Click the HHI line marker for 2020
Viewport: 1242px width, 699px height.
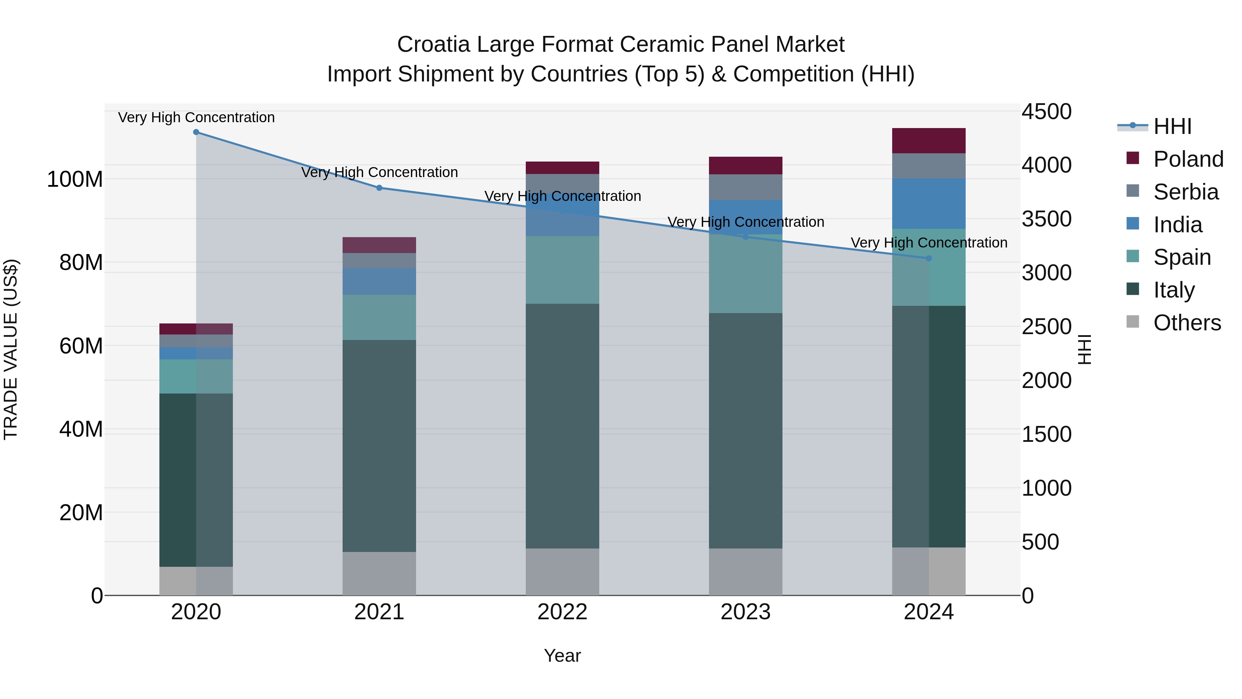pyautogui.click(x=196, y=132)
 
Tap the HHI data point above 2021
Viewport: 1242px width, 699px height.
pyautogui.click(x=379, y=188)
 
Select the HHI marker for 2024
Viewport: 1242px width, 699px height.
pyautogui.click(x=929, y=259)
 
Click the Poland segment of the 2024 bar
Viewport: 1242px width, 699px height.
pyautogui.click(x=929, y=141)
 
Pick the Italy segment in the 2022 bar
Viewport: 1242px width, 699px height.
pyautogui.click(x=562, y=426)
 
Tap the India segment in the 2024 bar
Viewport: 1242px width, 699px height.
pyautogui.click(x=929, y=204)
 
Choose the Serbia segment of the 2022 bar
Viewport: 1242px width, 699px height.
pyautogui.click(x=562, y=183)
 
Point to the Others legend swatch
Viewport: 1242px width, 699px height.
pyautogui.click(x=1133, y=322)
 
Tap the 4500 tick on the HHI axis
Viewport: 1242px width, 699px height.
pyautogui.click(x=1046, y=111)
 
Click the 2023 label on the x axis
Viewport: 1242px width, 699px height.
pyautogui.click(x=746, y=612)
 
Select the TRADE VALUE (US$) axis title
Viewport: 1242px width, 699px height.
pyautogui.click(x=11, y=349)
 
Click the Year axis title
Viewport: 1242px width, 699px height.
pyautogui.click(x=562, y=656)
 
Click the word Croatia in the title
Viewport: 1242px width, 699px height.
pyautogui.click(x=433, y=45)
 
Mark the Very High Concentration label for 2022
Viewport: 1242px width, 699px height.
pyautogui.click(x=562, y=196)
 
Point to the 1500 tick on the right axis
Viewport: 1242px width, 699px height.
pyautogui.click(x=1046, y=434)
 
